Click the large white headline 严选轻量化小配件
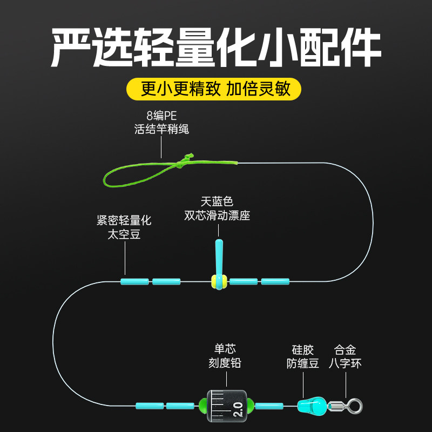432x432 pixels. click(x=216, y=48)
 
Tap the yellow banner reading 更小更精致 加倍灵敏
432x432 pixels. click(x=216, y=89)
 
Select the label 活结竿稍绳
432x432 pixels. click(x=161, y=130)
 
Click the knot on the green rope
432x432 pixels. click(x=180, y=163)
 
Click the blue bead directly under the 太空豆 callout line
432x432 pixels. click(x=134, y=281)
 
